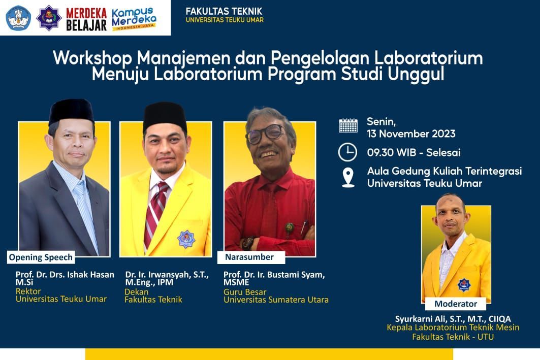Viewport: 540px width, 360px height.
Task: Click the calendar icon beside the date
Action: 348,125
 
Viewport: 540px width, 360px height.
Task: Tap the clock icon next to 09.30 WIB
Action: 348,152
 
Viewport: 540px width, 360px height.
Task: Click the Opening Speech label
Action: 41,257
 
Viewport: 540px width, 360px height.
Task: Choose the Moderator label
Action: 456,304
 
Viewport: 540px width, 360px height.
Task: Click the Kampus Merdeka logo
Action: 134,18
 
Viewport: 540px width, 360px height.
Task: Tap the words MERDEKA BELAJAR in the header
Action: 86,19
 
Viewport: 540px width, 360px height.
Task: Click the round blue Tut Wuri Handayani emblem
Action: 18,18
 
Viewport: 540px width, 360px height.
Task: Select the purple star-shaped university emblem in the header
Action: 49,18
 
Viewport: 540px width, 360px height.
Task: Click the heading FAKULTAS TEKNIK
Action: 224,11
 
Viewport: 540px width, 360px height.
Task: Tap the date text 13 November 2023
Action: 411,134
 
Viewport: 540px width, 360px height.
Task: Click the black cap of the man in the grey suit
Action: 71,110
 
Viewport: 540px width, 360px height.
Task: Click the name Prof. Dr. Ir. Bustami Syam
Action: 274,275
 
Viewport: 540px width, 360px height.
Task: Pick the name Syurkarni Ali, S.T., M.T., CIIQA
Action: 453,319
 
